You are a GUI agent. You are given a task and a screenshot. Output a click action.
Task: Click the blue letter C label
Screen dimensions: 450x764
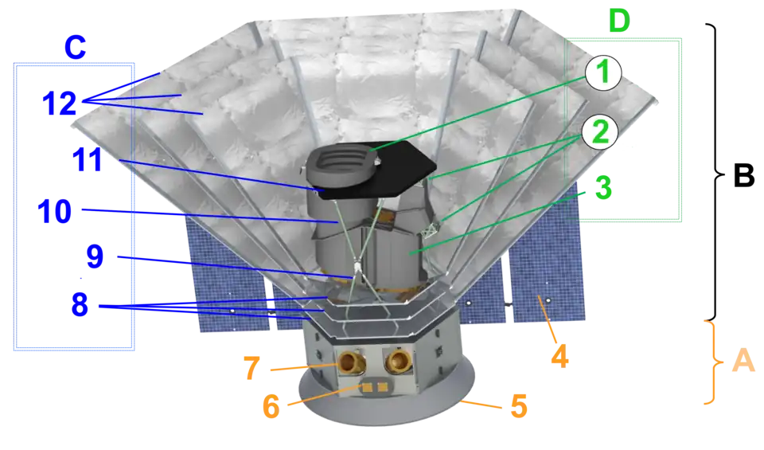point(74,49)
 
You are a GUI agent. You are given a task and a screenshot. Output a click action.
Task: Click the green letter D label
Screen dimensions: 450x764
point(618,22)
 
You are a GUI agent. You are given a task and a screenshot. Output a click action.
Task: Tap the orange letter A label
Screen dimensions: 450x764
point(742,362)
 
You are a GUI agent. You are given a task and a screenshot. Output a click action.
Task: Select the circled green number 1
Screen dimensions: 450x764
point(602,74)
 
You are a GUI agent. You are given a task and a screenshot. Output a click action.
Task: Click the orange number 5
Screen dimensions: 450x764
point(518,407)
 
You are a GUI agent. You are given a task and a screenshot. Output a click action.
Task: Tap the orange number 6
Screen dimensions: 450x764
point(271,407)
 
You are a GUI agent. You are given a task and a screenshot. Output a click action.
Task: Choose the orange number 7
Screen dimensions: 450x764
point(251,368)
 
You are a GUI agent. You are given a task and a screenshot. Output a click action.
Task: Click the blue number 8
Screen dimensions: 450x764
point(80,305)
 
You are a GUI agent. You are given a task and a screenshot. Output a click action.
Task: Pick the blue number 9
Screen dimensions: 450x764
point(94,256)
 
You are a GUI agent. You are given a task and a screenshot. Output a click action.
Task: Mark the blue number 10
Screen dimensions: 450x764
point(55,212)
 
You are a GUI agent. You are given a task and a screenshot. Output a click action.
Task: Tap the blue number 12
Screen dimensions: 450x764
point(59,104)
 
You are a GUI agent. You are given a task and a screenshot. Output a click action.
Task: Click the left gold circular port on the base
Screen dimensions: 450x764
point(351,364)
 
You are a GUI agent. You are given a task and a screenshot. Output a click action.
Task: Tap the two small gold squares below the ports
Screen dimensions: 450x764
point(374,388)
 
